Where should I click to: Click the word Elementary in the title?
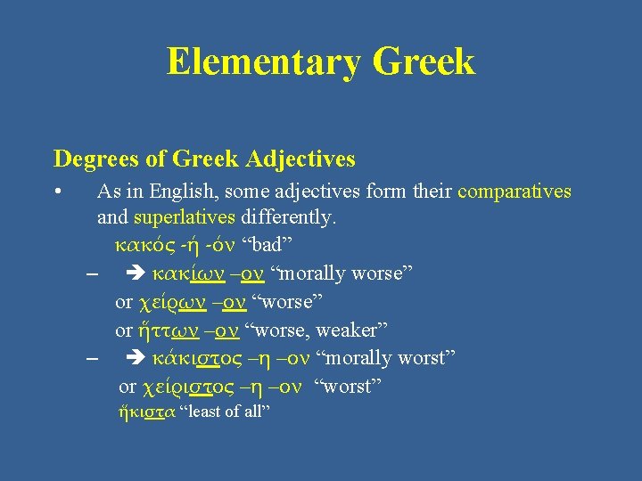263,62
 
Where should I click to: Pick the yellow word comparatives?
514,192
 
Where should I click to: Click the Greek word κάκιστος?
197,358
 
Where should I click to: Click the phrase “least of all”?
225,412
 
